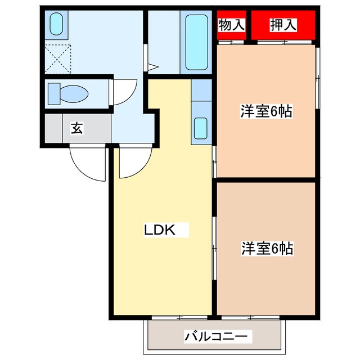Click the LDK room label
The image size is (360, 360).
click(160, 229)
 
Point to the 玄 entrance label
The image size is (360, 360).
click(76, 128)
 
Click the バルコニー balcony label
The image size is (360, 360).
click(216, 337)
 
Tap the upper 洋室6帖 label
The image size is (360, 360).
click(266, 111)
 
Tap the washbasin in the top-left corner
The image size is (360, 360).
click(56, 24)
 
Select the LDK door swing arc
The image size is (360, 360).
click(133, 161)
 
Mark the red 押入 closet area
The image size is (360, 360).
click(283, 25)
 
